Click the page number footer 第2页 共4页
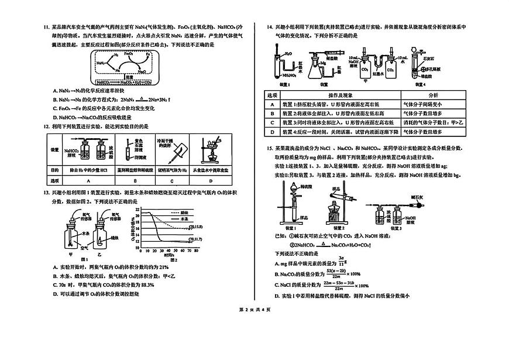(253, 325)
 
